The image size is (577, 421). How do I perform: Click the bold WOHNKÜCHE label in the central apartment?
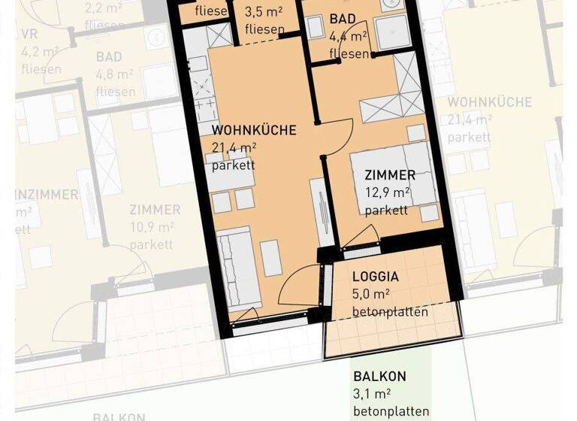coord(253,130)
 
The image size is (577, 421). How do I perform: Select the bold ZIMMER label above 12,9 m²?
coord(390,175)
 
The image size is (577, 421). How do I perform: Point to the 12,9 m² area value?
coord(387,193)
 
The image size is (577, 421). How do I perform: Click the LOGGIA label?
coord(376,276)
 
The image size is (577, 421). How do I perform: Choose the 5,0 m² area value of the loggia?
coord(371,294)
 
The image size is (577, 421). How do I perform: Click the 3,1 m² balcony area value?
coord(372,394)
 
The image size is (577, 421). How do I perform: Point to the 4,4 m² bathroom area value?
coord(348,35)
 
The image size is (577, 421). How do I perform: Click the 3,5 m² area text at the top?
coord(264,13)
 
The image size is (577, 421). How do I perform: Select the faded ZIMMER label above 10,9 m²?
coord(155,210)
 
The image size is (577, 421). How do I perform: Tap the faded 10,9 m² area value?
coord(152,227)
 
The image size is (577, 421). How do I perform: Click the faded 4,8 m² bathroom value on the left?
coord(115,75)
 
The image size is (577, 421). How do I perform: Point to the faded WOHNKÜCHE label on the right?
coord(489,101)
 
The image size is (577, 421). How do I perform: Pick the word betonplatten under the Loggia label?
coord(390,311)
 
